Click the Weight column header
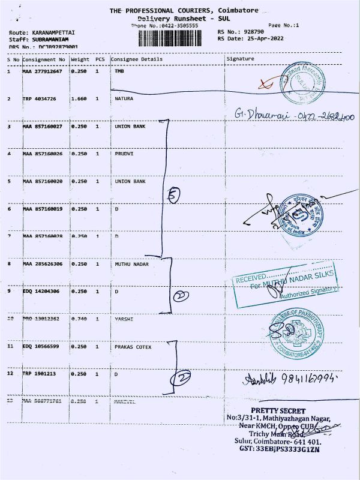pyautogui.click(x=80, y=59)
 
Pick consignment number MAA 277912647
pyautogui.click(x=43, y=72)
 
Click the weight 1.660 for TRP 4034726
pyautogui.click(x=80, y=98)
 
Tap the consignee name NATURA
pyautogui.click(x=124, y=98)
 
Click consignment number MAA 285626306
pyautogui.click(x=43, y=264)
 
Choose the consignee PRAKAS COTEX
pyautogui.click(x=133, y=347)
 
